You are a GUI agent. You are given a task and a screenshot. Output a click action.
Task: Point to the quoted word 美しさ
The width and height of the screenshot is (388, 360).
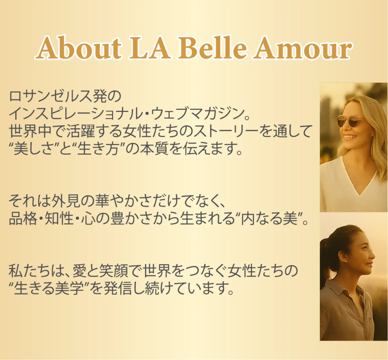(x=34, y=149)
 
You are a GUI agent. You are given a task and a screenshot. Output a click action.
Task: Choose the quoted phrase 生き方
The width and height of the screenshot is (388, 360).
(x=97, y=149)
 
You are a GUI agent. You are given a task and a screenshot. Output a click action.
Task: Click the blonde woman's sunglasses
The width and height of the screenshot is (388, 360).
(x=347, y=121)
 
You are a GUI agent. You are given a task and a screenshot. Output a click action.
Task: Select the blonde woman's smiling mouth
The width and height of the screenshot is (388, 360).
(x=349, y=137)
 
